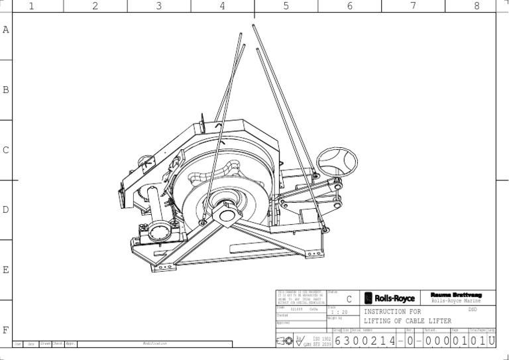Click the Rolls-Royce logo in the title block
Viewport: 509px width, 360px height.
(390, 298)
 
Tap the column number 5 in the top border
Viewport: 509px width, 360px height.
(286, 6)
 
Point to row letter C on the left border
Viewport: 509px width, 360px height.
(6, 150)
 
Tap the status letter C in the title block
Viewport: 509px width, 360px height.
(349, 300)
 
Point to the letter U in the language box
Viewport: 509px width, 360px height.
(492, 340)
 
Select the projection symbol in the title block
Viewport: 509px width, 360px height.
(286, 341)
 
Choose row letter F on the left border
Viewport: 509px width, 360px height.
(6, 330)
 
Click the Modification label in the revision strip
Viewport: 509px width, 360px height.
(155, 344)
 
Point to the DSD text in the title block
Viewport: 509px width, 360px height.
(472, 309)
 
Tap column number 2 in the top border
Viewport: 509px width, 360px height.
(95, 6)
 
